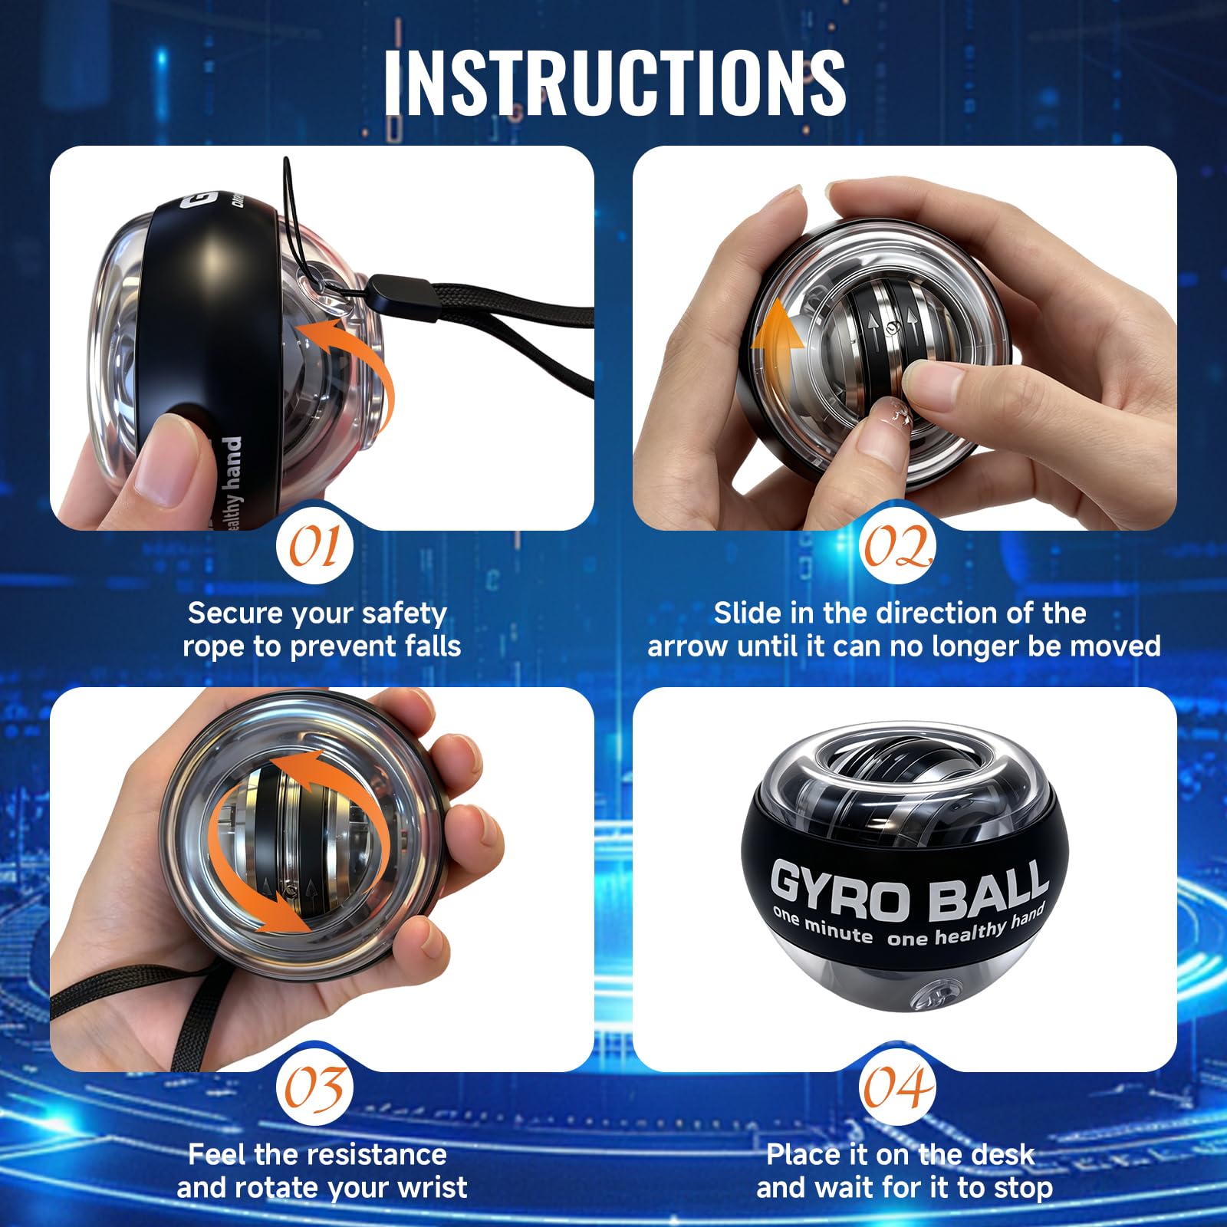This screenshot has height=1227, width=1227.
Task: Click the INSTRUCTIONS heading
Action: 614,83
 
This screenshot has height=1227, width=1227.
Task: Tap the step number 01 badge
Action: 314,547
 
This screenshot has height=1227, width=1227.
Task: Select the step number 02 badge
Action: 897,547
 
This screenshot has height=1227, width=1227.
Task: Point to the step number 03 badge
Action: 314,1087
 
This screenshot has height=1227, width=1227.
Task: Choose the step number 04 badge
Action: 897,1087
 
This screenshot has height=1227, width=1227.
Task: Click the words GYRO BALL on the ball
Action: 910,890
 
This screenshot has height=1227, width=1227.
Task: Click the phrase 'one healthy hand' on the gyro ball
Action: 968,926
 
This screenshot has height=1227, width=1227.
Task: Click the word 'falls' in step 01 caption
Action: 433,646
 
